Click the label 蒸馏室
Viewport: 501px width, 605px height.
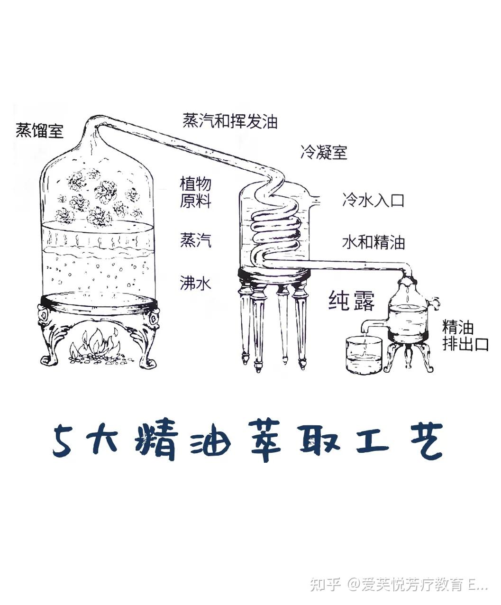click(x=39, y=130)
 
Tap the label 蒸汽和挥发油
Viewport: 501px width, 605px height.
click(x=230, y=121)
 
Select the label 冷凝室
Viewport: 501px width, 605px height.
click(x=324, y=152)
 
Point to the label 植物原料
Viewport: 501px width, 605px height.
click(x=196, y=192)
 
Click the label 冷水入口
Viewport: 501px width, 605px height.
click(x=373, y=200)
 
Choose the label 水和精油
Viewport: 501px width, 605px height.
click(x=373, y=243)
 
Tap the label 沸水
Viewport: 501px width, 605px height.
click(x=196, y=283)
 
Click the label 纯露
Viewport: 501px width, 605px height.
click(x=352, y=301)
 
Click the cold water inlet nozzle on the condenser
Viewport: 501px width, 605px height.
click(x=314, y=200)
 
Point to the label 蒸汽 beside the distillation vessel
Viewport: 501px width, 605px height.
click(x=196, y=240)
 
